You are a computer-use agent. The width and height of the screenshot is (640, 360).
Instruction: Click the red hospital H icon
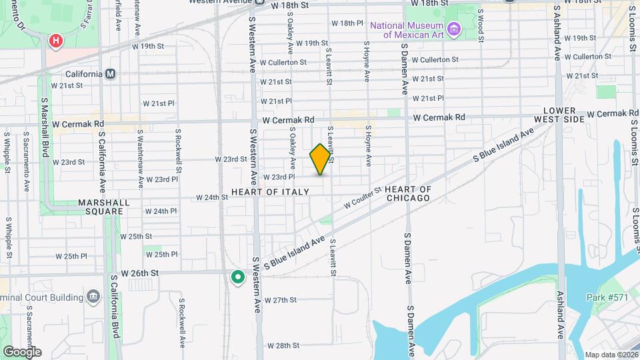[56, 41]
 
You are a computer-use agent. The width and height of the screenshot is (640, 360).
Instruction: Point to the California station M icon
[111, 73]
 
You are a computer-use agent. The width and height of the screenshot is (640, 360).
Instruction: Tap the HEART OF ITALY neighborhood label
[270, 192]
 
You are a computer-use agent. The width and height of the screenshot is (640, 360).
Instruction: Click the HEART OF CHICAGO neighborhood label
[408, 194]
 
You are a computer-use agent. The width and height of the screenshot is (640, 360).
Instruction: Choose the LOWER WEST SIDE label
[564, 115]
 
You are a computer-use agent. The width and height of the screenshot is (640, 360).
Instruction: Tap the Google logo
[22, 351]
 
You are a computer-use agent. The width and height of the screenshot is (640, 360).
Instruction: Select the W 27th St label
[280, 300]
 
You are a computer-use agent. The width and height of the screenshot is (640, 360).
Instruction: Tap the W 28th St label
[283, 345]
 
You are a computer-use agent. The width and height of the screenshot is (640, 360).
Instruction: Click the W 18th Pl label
[347, 23]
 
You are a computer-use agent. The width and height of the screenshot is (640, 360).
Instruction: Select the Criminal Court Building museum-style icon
[93, 295]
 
